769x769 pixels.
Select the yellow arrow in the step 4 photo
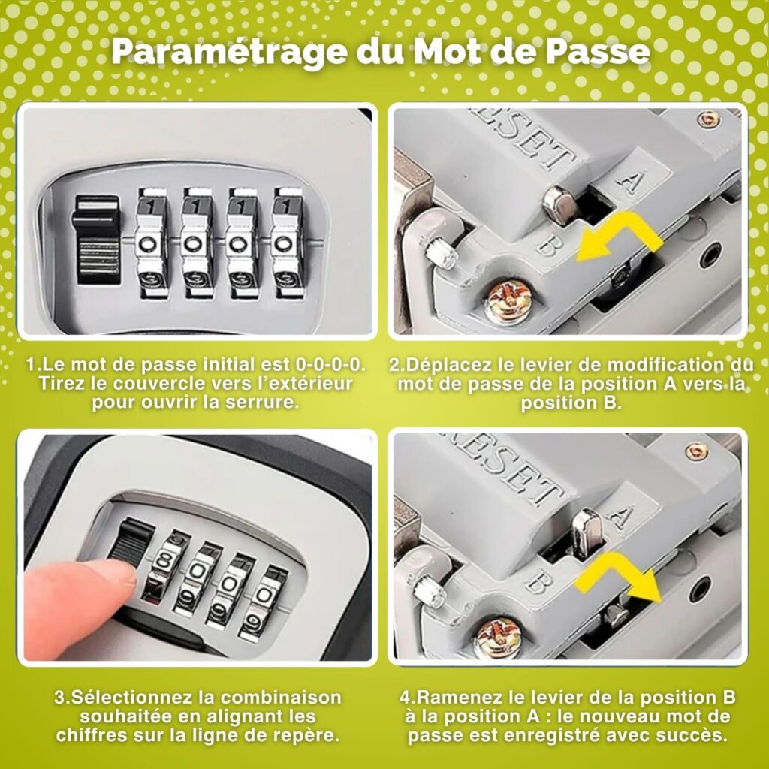click(x=619, y=578)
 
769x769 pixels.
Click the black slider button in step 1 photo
click(x=97, y=239)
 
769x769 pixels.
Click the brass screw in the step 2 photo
click(x=509, y=300)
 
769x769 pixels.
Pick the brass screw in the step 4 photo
click(x=497, y=637)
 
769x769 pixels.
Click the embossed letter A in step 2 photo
click(x=629, y=179)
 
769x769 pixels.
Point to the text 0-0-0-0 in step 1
click(x=330, y=364)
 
